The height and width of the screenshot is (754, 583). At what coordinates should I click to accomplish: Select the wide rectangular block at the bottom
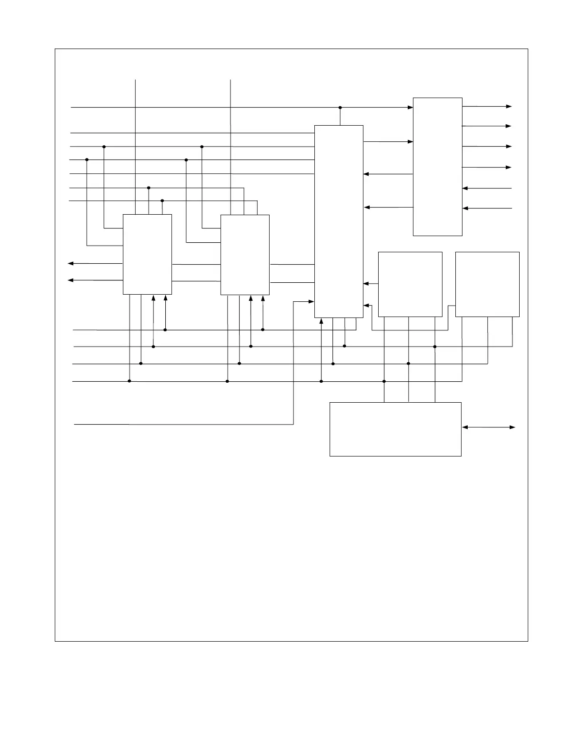[395, 429]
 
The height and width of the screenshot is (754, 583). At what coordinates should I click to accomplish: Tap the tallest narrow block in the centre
[339, 221]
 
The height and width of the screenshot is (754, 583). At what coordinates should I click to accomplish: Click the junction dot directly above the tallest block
[340, 108]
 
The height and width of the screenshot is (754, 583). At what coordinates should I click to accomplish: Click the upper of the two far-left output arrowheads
[70, 263]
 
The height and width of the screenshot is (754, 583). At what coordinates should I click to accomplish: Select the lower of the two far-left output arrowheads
[70, 280]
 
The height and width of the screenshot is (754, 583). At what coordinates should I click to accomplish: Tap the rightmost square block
[487, 284]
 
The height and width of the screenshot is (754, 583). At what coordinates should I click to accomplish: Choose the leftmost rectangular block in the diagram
[147, 254]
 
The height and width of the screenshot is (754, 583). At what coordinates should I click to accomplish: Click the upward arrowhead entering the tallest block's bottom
[322, 321]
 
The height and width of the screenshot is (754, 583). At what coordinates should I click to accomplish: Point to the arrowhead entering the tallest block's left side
[312, 301]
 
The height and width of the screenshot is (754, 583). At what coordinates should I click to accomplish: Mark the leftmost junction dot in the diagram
[87, 159]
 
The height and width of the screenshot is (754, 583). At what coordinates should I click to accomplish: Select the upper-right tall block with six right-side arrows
[437, 167]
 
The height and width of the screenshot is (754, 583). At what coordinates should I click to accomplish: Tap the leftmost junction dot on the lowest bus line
[130, 381]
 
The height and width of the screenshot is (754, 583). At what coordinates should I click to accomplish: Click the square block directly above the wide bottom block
[410, 284]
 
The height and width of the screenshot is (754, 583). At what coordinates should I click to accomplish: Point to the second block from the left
[245, 254]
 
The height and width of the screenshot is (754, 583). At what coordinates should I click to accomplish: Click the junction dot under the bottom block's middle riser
[409, 364]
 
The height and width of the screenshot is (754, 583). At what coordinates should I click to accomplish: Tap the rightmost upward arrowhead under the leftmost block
[165, 298]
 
